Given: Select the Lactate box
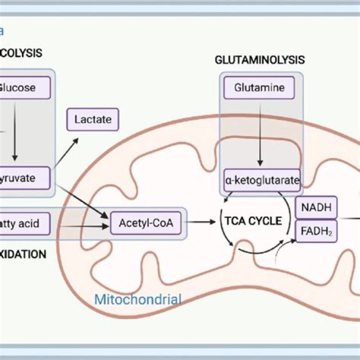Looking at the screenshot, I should coord(92,119).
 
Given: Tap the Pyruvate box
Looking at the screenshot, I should coord(25,178).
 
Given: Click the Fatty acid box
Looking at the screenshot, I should coord(25,223).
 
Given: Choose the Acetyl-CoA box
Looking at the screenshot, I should coord(145,223).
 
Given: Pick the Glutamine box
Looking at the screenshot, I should coord(259,88).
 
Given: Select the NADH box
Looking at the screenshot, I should coord(316,207).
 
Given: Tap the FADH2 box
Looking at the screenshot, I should coord(316,231).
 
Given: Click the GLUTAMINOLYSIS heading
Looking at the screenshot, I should coord(259,60).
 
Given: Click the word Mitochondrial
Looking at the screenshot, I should coord(137,300).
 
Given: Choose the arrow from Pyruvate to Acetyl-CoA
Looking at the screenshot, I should coord(82,202).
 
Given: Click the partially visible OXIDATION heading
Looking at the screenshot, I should coord(23,254).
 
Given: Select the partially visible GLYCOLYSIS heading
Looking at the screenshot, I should coord(21,52).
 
